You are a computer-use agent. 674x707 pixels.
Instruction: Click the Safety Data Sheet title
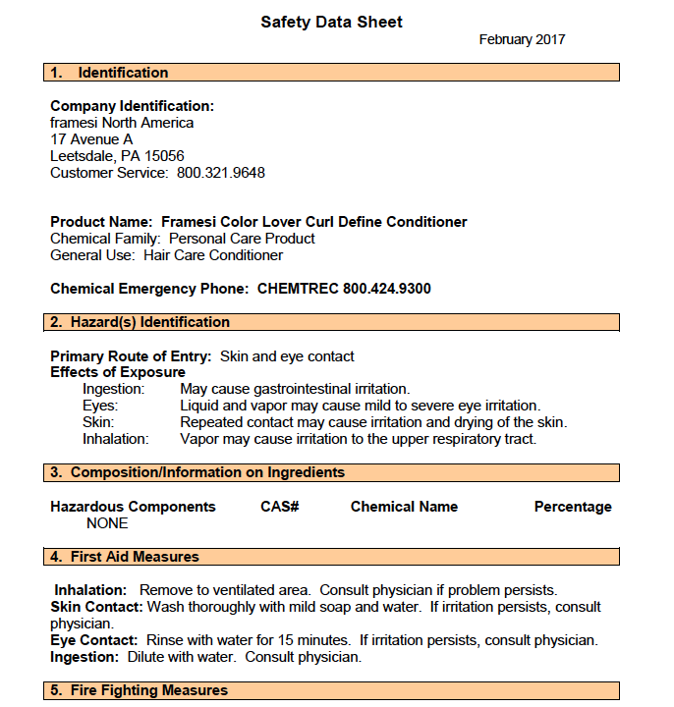point(331,22)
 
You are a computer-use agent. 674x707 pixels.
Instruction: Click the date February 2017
point(522,40)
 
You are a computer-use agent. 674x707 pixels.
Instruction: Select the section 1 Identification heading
point(123,73)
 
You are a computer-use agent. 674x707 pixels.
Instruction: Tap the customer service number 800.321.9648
point(221,173)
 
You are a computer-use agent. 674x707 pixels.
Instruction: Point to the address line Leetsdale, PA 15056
point(117,156)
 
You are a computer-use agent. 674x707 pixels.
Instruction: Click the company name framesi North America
point(122,123)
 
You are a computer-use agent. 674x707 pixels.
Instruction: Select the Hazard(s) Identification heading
point(149,322)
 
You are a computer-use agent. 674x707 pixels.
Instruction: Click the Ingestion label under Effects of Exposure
point(113,389)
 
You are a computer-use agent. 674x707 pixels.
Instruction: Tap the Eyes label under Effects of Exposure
point(100,406)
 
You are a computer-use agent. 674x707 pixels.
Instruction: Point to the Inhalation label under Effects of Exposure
point(115,439)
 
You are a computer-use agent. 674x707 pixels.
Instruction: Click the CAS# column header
point(279,507)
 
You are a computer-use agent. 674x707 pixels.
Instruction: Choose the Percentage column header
point(573,507)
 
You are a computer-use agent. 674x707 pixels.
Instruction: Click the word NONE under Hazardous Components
point(107,523)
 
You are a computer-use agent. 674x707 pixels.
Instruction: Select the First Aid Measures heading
point(135,557)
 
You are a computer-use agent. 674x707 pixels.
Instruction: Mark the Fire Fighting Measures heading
point(148,690)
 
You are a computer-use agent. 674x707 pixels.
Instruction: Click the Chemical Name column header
point(404,507)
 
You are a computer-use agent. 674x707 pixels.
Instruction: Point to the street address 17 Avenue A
point(91,139)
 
